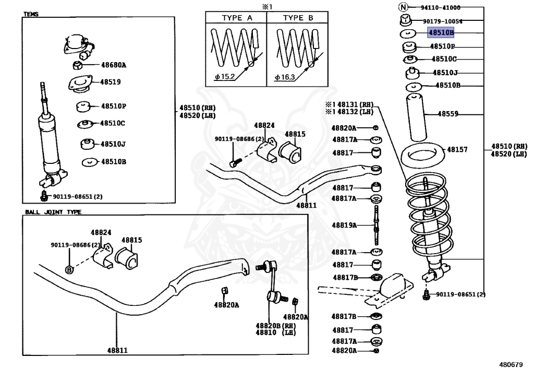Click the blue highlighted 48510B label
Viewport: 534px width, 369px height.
[441, 33]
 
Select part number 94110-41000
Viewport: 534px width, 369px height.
[441, 7]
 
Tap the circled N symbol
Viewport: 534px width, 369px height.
[403, 7]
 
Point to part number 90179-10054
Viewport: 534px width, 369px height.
[442, 21]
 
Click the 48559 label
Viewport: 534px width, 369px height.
[447, 113]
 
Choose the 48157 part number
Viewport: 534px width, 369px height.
[457, 149]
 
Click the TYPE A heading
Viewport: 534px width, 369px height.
[237, 18]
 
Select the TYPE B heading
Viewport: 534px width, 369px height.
[298, 18]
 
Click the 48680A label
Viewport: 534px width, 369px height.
[113, 65]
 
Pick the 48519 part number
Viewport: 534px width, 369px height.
[111, 82]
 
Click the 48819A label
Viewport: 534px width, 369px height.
[345, 225]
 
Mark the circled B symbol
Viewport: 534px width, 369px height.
[69, 269]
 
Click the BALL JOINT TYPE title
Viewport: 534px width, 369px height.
[53, 212]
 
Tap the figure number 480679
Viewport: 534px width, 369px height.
[510, 363]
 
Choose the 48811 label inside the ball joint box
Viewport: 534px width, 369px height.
[117, 350]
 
